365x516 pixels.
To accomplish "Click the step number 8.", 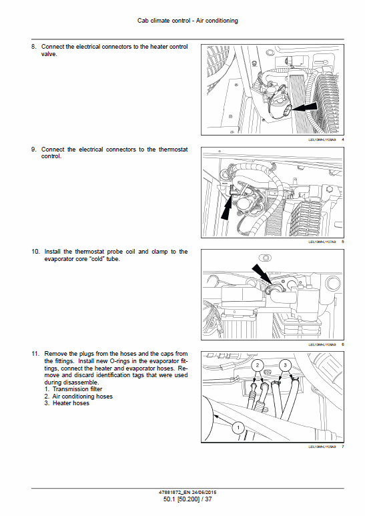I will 33,47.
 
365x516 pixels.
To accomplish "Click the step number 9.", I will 33,150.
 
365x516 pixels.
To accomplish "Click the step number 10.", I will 35,252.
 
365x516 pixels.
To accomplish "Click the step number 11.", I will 35,353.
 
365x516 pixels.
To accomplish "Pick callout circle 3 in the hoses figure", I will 285,366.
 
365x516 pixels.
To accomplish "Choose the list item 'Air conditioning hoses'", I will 83,397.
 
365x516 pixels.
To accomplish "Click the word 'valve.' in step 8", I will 49,54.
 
